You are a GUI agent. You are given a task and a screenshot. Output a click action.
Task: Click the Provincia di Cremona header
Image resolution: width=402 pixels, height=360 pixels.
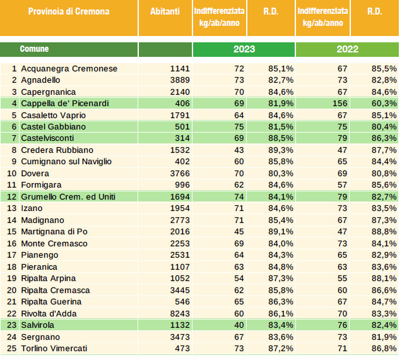tap(68, 12)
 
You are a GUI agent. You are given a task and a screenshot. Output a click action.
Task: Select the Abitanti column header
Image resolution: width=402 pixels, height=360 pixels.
tap(165, 12)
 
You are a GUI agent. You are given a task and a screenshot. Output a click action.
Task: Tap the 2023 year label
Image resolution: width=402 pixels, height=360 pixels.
tap(244, 49)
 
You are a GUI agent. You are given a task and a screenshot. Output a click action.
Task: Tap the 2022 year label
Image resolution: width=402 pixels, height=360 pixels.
tap(346, 49)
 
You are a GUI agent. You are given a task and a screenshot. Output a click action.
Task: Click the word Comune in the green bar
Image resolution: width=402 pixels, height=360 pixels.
tap(34, 49)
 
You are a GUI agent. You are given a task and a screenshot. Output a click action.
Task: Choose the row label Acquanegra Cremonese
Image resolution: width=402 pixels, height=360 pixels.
tap(69, 68)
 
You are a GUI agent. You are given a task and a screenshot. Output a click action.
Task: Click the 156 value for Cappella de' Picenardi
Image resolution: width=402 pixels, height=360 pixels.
tap(340, 103)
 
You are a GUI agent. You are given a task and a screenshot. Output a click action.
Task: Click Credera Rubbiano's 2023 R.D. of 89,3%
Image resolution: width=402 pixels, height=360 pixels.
tap(281, 150)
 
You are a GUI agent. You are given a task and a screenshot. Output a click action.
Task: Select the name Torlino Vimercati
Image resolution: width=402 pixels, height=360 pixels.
tap(54, 349)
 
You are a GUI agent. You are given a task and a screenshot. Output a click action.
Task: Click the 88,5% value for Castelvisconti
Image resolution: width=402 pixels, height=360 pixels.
tap(281, 138)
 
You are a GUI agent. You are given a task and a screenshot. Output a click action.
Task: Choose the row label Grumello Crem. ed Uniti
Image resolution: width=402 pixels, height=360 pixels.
tap(68, 196)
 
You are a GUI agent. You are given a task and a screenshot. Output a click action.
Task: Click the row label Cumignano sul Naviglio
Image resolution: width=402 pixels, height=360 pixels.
tap(66, 162)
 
